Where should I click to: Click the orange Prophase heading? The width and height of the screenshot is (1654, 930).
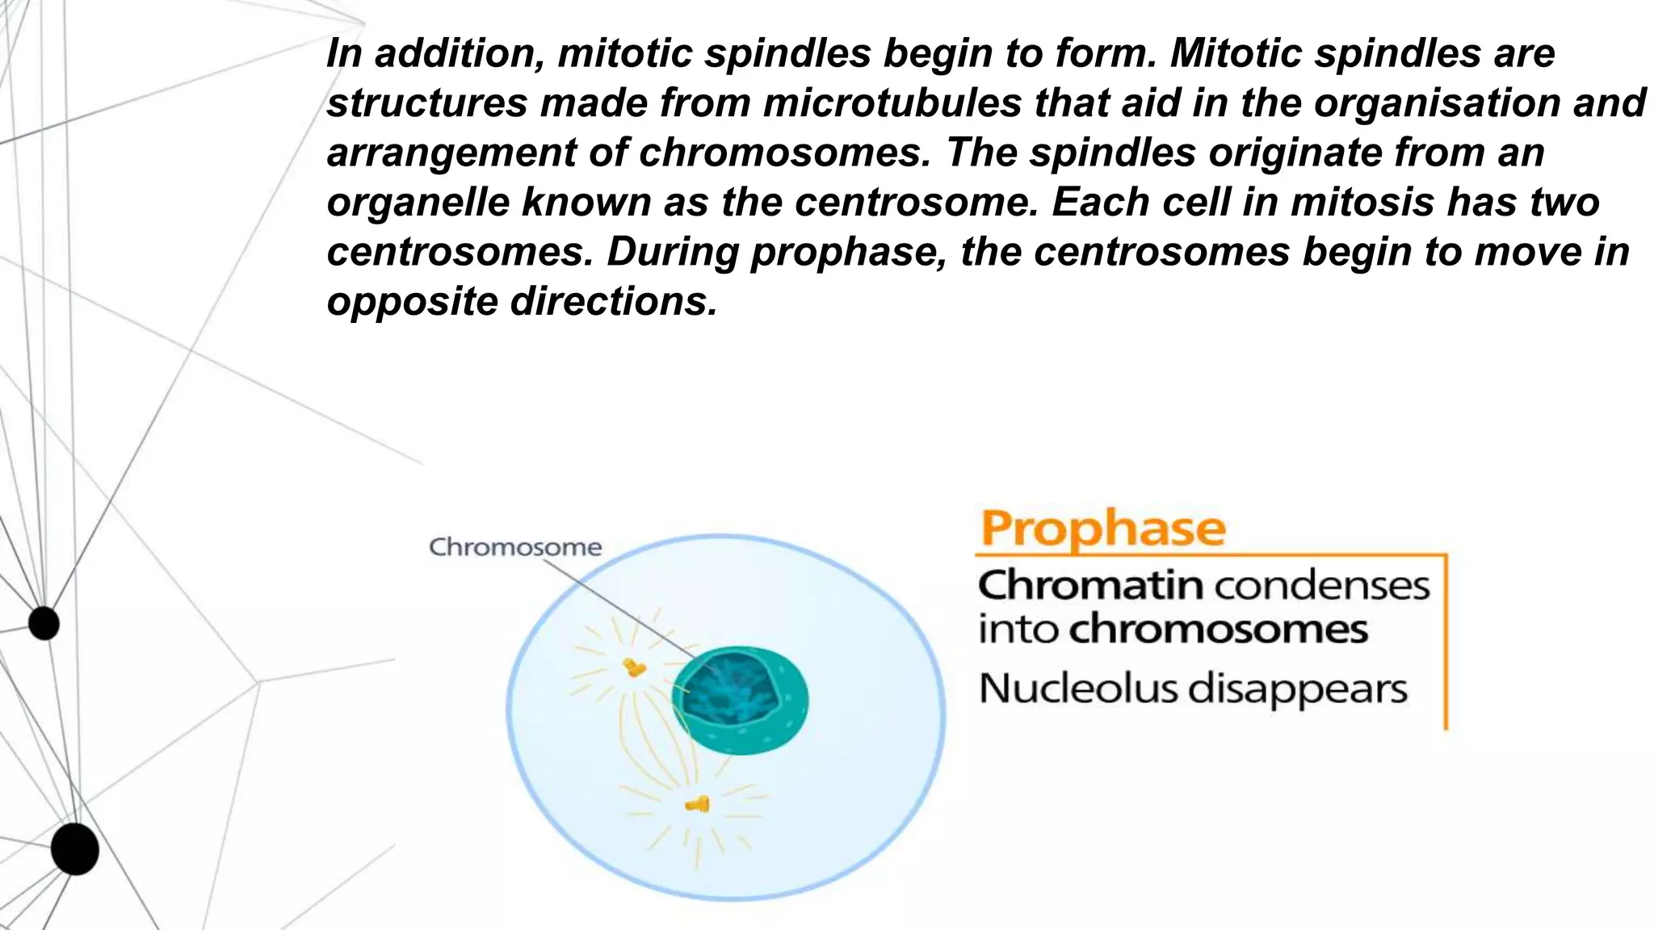[1102, 529]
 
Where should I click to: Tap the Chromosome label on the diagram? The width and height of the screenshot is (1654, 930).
[515, 547]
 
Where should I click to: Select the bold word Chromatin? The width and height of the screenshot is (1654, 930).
[1090, 585]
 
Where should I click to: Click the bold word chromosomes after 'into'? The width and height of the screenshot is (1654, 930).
[1218, 629]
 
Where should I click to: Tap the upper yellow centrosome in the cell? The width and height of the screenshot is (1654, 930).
[634, 667]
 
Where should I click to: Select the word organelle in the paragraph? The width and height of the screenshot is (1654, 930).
[418, 202]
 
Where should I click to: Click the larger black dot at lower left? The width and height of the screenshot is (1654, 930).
[74, 849]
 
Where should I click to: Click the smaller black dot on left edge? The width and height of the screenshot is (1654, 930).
[44, 623]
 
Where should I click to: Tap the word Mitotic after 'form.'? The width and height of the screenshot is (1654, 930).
[1236, 53]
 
